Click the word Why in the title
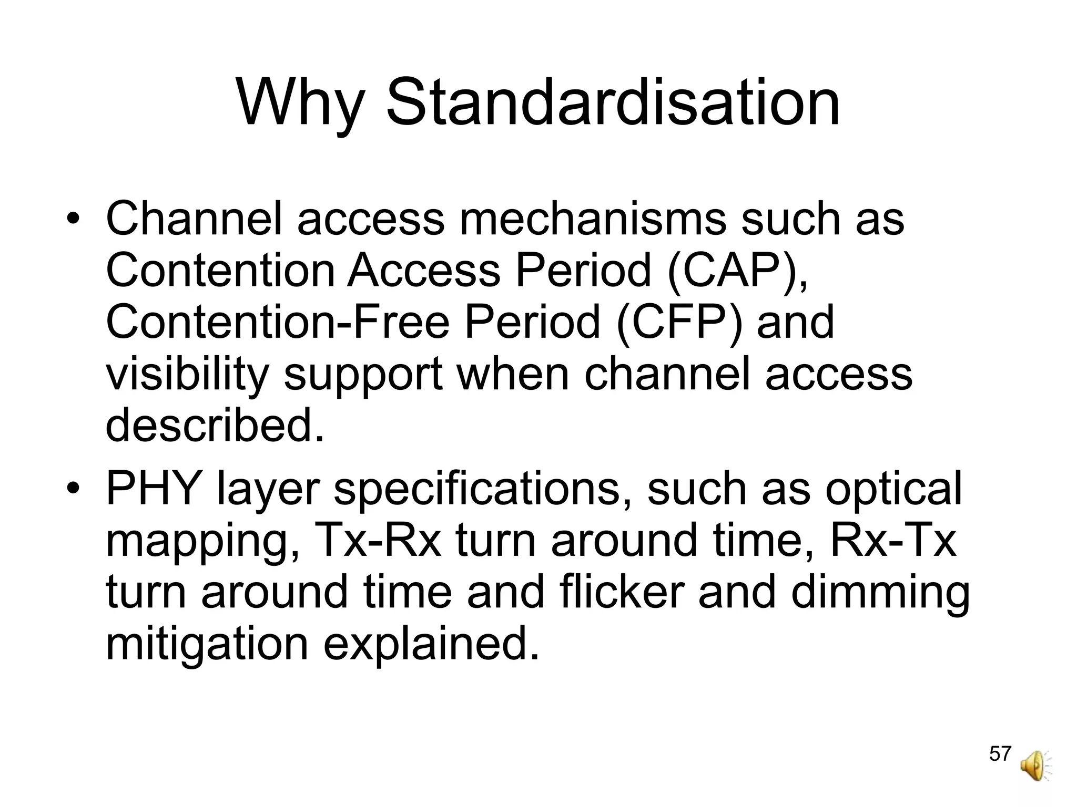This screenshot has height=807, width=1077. (300, 102)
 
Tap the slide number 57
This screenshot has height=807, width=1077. (1000, 753)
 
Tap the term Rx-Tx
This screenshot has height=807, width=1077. (892, 541)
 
